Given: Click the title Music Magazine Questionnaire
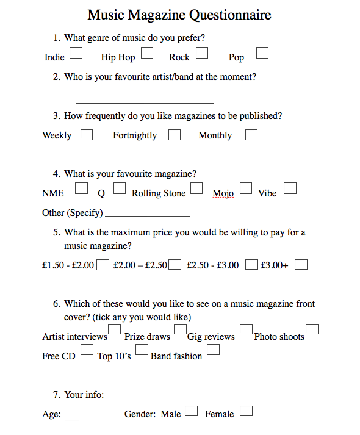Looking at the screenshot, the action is (179, 15).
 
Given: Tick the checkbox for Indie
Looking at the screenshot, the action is (76, 53).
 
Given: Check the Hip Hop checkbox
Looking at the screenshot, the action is (147, 53).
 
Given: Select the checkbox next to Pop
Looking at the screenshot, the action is (262, 53).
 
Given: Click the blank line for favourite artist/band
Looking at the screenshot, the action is (144, 102).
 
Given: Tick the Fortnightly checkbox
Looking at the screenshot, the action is (175, 134).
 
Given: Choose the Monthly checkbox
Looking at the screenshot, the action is (251, 134).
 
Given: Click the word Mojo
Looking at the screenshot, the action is (223, 193).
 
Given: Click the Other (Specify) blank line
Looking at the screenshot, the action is (148, 215).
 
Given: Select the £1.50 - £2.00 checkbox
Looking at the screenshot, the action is (103, 264).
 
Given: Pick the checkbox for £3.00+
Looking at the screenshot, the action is (301, 264).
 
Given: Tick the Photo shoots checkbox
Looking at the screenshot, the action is (312, 329).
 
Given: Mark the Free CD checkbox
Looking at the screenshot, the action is (87, 350).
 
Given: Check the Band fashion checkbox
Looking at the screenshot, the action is (213, 350).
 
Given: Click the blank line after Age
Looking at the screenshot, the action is (85, 419).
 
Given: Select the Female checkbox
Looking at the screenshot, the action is (247, 411).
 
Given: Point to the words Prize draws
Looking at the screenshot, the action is (147, 337).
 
